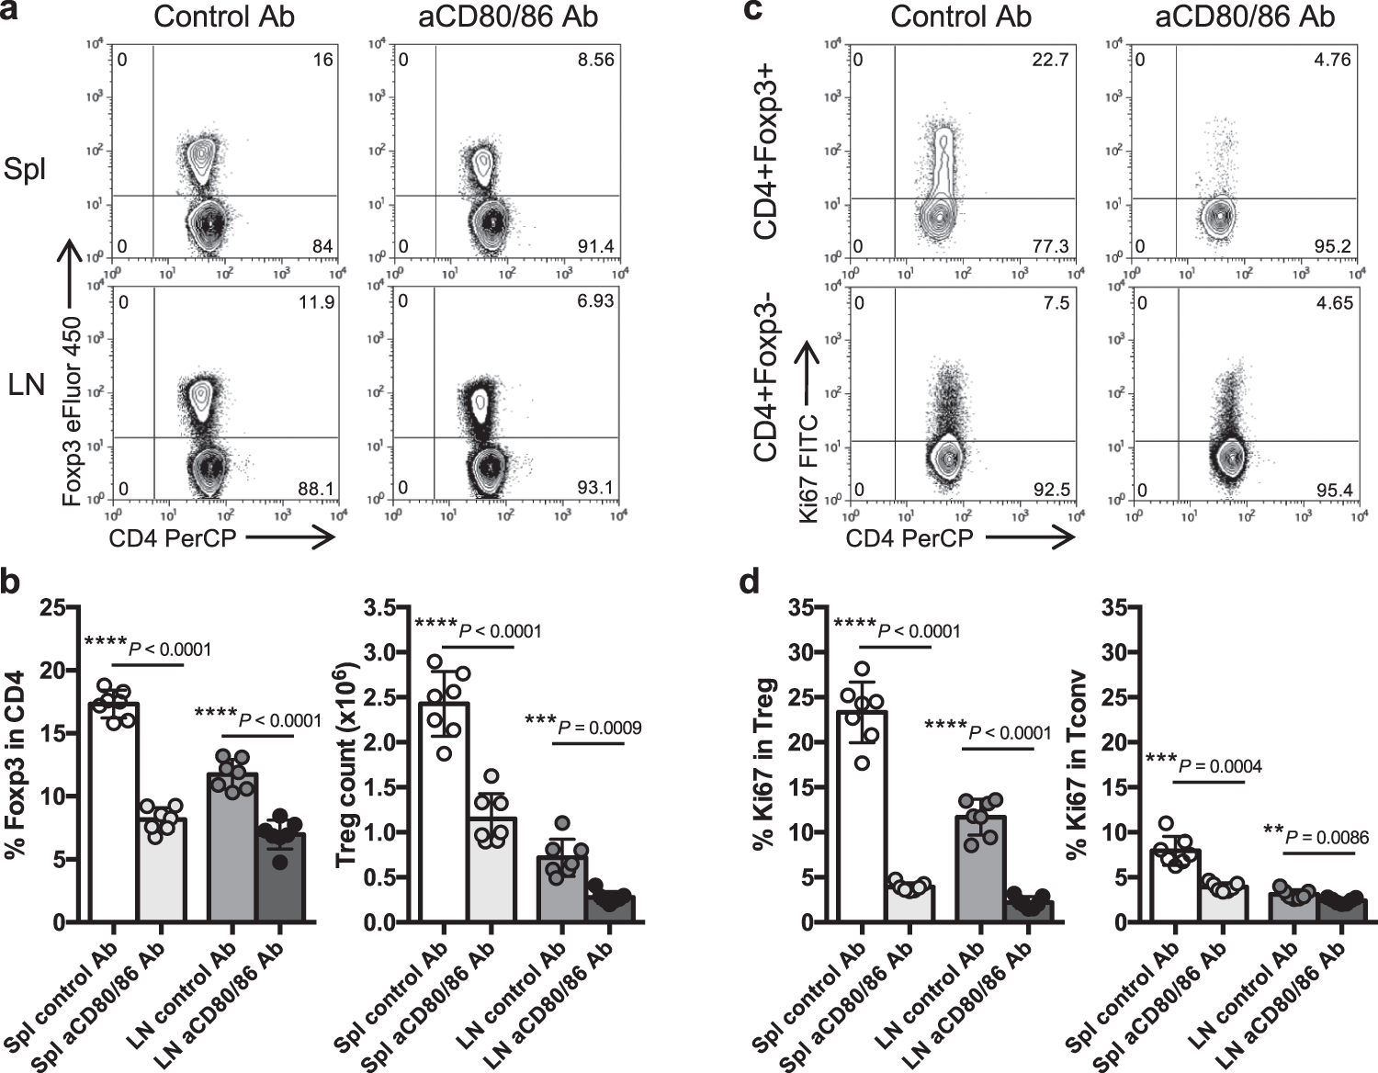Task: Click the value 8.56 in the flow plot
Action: pos(594,60)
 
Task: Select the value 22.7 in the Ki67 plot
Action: pos(1050,60)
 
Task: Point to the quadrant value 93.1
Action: pos(595,487)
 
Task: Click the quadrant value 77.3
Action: pos(1050,246)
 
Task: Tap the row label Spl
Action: pos(25,171)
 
